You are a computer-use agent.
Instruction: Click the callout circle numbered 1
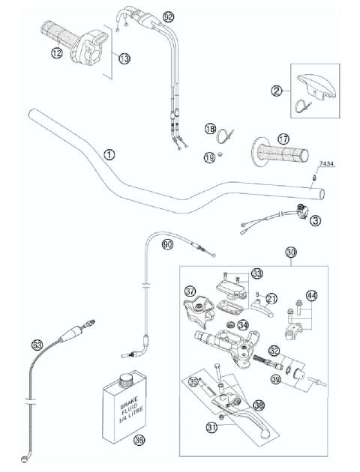(x=109, y=155)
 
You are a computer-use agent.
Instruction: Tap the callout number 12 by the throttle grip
(x=55, y=52)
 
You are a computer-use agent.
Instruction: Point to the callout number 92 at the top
(x=168, y=16)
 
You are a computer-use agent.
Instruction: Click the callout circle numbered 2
(x=277, y=91)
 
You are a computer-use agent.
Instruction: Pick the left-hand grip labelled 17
(x=283, y=139)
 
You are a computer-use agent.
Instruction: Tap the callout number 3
(x=315, y=220)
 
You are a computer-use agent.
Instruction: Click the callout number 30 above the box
(x=291, y=252)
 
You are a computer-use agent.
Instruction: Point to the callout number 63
(x=37, y=345)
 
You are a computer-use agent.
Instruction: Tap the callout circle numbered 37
(x=190, y=291)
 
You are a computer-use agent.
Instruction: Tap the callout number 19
(x=210, y=157)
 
